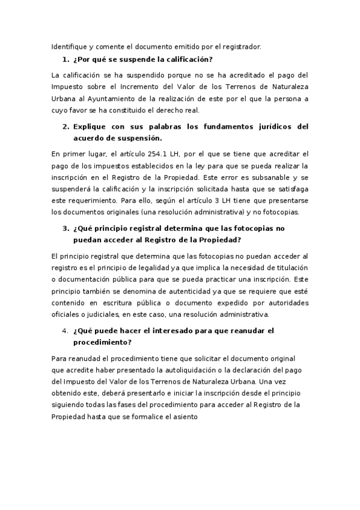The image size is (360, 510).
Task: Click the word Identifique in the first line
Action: (69, 46)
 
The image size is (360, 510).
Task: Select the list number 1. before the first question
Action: (66, 60)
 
